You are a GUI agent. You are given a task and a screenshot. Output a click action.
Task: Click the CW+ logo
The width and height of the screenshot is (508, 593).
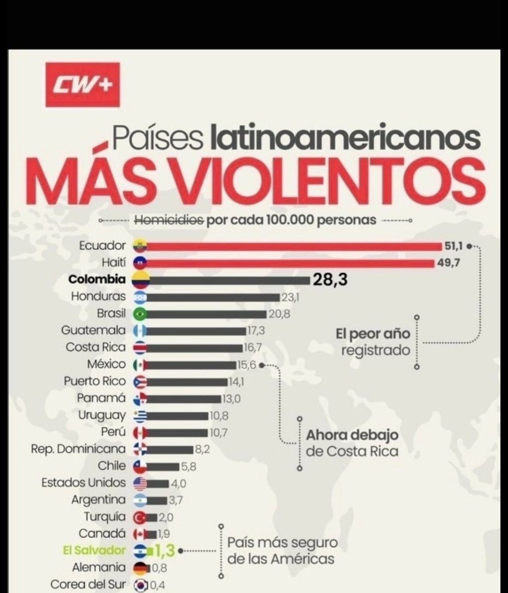tap(82, 85)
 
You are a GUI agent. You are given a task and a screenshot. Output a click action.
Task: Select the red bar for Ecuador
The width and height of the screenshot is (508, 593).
tap(294, 247)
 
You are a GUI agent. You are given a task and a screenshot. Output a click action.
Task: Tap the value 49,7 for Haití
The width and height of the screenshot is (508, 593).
tap(448, 263)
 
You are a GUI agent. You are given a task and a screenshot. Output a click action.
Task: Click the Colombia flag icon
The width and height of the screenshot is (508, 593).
tap(141, 279)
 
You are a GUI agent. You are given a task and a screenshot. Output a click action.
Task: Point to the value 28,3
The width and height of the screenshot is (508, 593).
tap(330, 279)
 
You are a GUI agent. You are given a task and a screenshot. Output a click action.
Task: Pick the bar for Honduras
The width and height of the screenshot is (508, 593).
tap(213, 297)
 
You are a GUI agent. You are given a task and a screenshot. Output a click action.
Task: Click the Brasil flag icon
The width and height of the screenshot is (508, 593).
tap(140, 314)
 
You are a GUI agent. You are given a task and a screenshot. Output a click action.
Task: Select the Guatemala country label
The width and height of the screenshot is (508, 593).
tap(93, 330)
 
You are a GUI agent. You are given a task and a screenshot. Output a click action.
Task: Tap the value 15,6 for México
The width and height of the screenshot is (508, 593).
tap(246, 365)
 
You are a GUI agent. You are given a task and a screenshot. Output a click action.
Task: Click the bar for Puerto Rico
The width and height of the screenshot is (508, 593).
tap(187, 382)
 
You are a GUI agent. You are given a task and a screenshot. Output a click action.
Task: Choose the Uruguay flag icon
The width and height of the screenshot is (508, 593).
tap(140, 416)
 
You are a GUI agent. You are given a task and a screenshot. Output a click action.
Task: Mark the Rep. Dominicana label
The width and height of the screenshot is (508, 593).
tap(78, 449)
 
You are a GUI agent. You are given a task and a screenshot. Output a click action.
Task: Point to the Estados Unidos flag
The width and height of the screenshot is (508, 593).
tap(140, 483)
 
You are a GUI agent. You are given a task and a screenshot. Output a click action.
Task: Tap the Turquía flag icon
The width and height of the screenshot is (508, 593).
tap(140, 517)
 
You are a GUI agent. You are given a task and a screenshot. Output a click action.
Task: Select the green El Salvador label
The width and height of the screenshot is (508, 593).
tap(94, 550)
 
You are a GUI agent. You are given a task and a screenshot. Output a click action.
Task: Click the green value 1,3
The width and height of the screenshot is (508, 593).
tap(164, 551)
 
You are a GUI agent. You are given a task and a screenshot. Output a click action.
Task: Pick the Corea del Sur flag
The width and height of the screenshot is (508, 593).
tap(140, 585)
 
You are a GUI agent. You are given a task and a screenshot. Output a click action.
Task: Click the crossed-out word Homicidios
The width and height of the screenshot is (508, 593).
tap(169, 220)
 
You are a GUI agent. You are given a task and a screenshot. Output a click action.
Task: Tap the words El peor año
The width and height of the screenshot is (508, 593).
tap(373, 334)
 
